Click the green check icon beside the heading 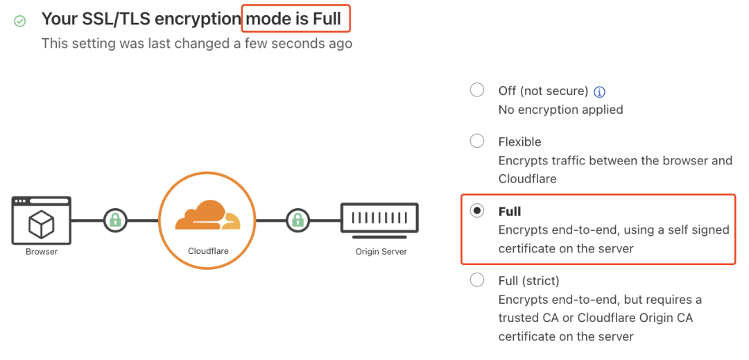(x=19, y=22)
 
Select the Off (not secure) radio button (x=477, y=90)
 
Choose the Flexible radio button (x=477, y=142)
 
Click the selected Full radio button (x=477, y=211)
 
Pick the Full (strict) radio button (x=477, y=280)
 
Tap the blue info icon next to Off (x=601, y=92)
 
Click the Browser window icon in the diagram (x=42, y=220)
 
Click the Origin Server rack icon (x=379, y=218)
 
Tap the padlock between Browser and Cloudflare (x=115, y=221)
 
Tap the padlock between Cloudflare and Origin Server (x=298, y=221)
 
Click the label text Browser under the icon (x=42, y=251)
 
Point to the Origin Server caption (x=381, y=251)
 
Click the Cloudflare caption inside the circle (x=208, y=250)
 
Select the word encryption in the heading (x=196, y=19)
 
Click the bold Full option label (x=510, y=212)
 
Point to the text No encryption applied (x=560, y=110)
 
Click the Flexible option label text (x=519, y=142)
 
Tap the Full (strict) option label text (x=528, y=281)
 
